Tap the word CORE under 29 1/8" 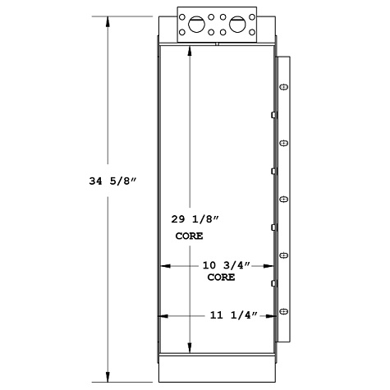coord(189,236)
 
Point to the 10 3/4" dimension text coord(225,266)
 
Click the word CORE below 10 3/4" coord(221,278)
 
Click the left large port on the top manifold coord(198,25)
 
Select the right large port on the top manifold coord(237,25)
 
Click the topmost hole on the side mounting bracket coord(284,87)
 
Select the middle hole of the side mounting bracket coord(284,199)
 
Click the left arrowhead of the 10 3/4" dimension coord(162,266)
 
